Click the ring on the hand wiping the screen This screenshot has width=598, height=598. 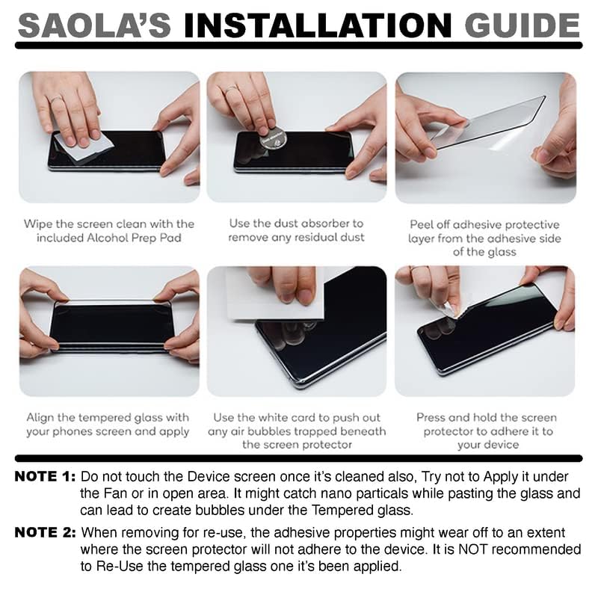pos(56,98)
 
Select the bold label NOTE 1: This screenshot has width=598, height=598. pos(44,477)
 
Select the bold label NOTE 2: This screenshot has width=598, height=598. pos(44,533)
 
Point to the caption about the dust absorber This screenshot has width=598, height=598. pos(296,230)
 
